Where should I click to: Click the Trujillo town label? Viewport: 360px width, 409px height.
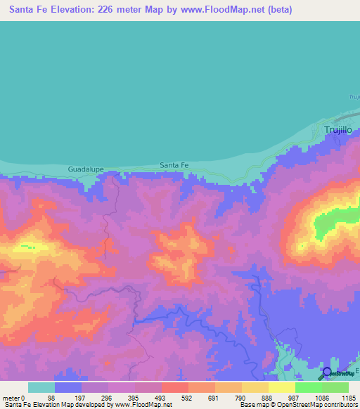337,130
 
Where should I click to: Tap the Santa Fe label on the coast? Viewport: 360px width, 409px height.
174,165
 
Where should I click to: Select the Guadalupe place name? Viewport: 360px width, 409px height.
86,169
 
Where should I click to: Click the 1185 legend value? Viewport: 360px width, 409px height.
347,397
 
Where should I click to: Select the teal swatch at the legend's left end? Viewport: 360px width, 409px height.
41,387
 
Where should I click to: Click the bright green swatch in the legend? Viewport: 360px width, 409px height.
309,387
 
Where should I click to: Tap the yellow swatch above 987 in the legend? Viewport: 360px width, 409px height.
282,387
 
